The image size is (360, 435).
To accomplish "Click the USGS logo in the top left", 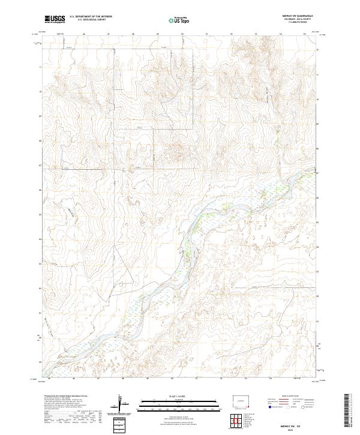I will pyautogui.click(x=55, y=19).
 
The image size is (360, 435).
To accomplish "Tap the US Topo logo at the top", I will pyautogui.click(x=175, y=20).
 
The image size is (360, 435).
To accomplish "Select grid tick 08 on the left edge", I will pyautogui.click(x=40, y=141).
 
